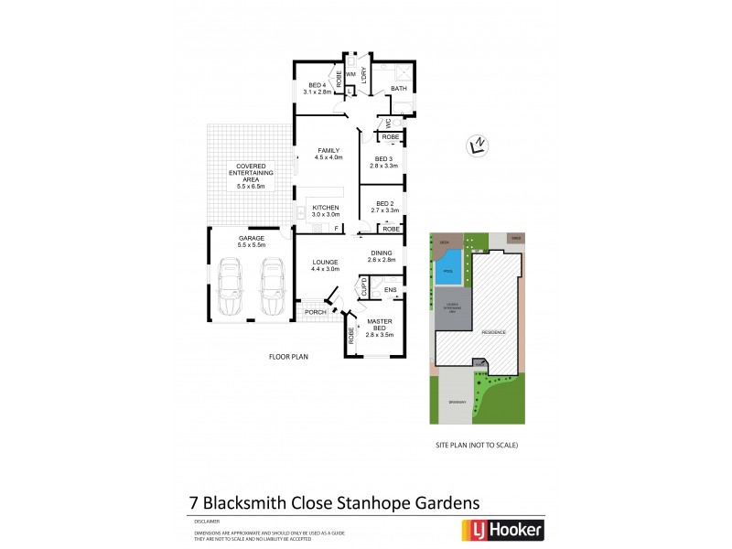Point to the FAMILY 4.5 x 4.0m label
[x=328, y=154]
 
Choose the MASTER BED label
[x=380, y=328]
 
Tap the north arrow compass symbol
[x=475, y=145]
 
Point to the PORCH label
[x=315, y=312]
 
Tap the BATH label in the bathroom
[x=399, y=89]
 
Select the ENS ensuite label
[x=390, y=290]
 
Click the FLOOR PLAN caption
[x=287, y=356]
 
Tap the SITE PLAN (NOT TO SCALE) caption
[x=476, y=444]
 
